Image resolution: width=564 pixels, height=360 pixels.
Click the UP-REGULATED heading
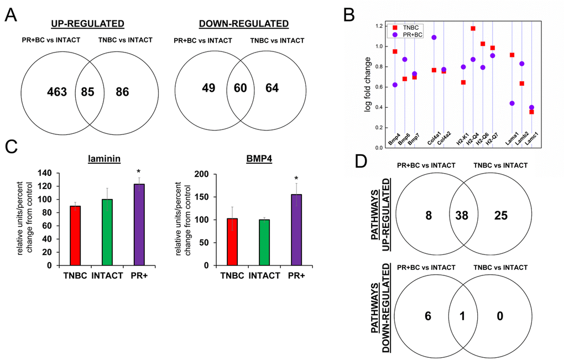(x=87, y=24)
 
